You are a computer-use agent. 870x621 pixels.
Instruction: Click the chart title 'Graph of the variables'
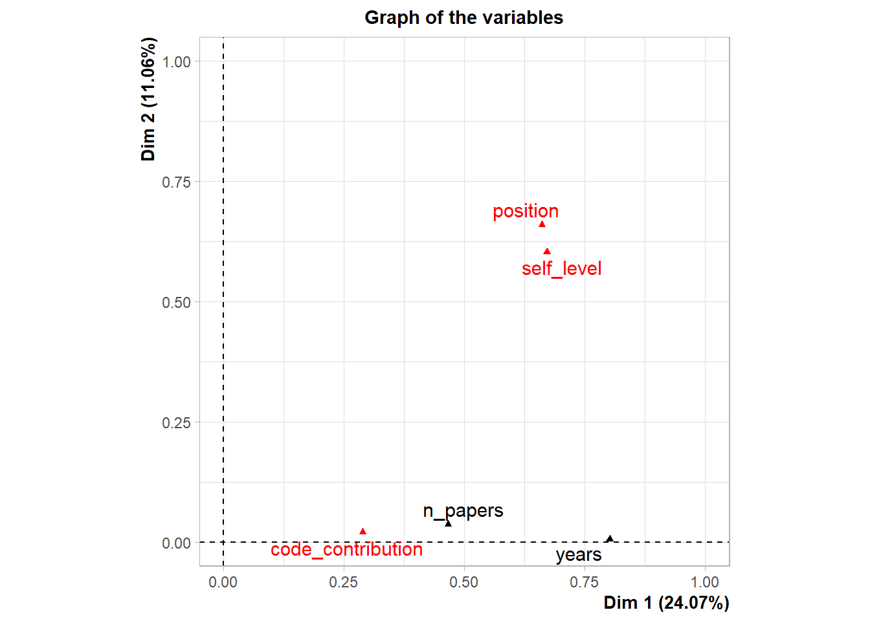pyautogui.click(x=463, y=17)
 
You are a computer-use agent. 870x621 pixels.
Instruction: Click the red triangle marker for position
pyautogui.click(x=542, y=224)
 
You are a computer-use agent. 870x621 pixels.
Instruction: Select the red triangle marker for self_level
pyautogui.click(x=547, y=252)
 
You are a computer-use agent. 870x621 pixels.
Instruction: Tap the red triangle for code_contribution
pyautogui.click(x=362, y=532)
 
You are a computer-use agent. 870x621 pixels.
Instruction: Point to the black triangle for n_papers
pyautogui.click(x=448, y=523)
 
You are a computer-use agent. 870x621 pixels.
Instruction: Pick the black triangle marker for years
pyautogui.click(x=609, y=539)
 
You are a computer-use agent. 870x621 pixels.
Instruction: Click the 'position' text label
pyautogui.click(x=525, y=211)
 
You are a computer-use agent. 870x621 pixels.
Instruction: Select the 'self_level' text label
pyautogui.click(x=561, y=268)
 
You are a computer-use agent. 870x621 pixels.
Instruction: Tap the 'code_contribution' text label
pyautogui.click(x=346, y=549)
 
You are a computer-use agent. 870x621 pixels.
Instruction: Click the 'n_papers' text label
pyautogui.click(x=463, y=510)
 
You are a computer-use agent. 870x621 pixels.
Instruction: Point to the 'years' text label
pyautogui.click(x=578, y=554)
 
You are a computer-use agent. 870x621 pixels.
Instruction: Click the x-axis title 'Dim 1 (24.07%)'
pyautogui.click(x=666, y=603)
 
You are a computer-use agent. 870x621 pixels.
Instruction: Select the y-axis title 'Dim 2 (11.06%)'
pyautogui.click(x=148, y=99)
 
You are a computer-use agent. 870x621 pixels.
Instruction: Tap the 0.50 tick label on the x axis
pyautogui.click(x=463, y=582)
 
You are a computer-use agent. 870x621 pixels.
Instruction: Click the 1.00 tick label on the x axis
pyautogui.click(x=704, y=582)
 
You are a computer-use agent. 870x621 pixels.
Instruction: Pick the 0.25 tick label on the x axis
pyautogui.click(x=343, y=582)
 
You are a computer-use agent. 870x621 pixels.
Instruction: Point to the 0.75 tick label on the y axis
pyautogui.click(x=176, y=182)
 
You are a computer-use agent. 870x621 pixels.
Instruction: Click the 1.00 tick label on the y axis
pyautogui.click(x=176, y=62)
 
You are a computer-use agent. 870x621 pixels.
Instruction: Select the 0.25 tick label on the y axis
pyautogui.click(x=176, y=423)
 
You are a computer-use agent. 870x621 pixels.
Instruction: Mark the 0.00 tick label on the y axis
pyautogui.click(x=176, y=543)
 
